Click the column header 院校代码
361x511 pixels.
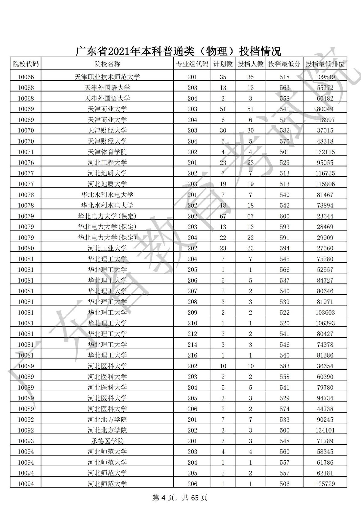[x=26, y=64]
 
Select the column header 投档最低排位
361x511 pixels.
[x=325, y=64]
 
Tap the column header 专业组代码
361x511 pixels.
[x=192, y=64]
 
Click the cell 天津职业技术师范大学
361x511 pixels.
[x=107, y=77]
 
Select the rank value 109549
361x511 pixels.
[x=325, y=77]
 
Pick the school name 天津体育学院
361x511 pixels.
[x=107, y=152]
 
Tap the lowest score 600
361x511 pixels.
[x=284, y=216]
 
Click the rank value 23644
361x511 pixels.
[x=325, y=216]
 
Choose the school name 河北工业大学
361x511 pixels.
[x=107, y=248]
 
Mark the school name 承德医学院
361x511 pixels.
[x=107, y=441]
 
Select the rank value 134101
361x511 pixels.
[x=325, y=430]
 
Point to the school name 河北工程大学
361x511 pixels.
[x=107, y=163]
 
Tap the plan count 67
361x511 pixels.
[x=223, y=216]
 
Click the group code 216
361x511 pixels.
[x=192, y=355]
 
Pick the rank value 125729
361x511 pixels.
[x=325, y=484]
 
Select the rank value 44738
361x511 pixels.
[x=325, y=409]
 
